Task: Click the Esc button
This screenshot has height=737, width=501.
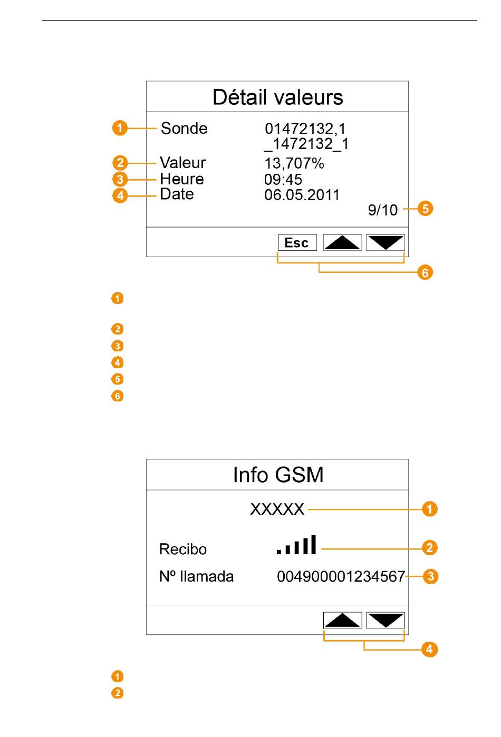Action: coord(297,242)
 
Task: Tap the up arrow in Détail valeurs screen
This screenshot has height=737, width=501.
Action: coord(342,242)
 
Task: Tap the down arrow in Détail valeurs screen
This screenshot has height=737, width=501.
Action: coord(385,242)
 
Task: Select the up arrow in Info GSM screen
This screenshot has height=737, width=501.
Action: coord(342,620)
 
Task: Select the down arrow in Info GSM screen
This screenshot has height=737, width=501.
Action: coord(385,620)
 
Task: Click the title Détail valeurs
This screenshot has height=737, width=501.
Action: coord(278,97)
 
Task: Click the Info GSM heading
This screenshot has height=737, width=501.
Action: coord(278,475)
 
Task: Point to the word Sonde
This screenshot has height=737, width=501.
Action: coord(184,129)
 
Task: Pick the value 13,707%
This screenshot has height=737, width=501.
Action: coord(294,163)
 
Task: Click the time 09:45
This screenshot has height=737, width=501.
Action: coord(283,180)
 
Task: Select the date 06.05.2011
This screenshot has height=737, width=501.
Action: coord(302,195)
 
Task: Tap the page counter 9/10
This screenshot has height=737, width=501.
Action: coord(383,210)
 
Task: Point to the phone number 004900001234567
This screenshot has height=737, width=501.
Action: coord(341,576)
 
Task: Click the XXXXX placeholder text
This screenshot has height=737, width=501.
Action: coord(277,509)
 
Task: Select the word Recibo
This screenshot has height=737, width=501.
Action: coord(183,549)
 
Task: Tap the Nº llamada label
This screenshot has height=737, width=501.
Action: coord(196,576)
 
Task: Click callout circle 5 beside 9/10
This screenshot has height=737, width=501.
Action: coord(425,209)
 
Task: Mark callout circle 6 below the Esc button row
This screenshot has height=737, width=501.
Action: coord(425,272)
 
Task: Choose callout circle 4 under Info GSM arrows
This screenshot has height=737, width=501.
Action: coord(429,649)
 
